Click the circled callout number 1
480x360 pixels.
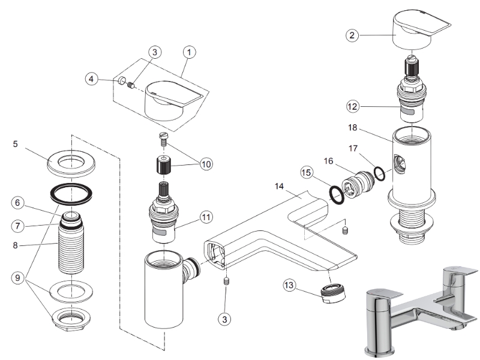(x=189, y=53)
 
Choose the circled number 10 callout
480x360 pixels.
(x=207, y=164)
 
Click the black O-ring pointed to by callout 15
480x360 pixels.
(x=337, y=195)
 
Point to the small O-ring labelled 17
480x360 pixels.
(x=379, y=173)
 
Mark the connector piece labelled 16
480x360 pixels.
(x=356, y=182)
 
